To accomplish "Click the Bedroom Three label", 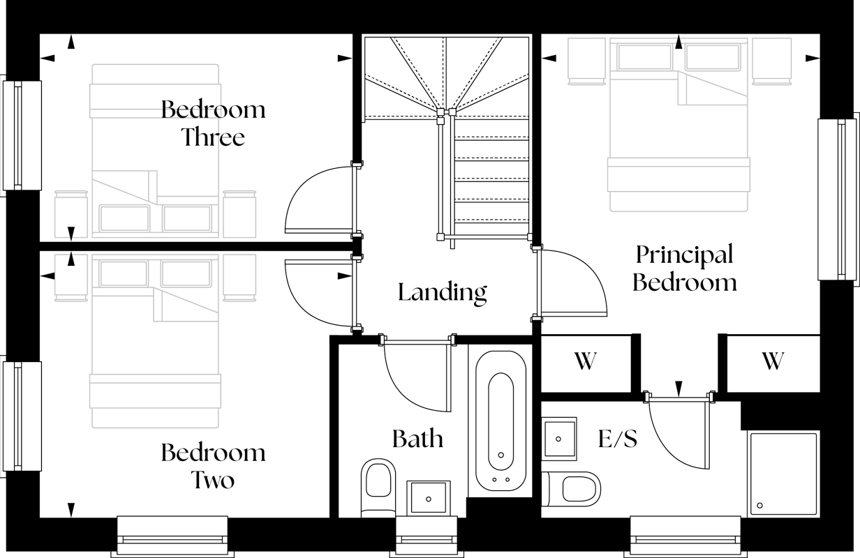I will (213, 123).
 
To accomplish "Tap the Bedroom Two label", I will (213, 466).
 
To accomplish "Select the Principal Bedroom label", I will (684, 269).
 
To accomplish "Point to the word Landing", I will (443, 292).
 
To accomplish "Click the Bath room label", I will (417, 439).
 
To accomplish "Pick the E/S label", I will (618, 439).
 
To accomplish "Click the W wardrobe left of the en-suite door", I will (585, 361).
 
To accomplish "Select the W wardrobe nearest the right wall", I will (772, 361).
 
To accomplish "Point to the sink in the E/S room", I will (559, 439).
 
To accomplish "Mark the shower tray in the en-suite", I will (783, 474).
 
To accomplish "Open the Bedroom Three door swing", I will (318, 199).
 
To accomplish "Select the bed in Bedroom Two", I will (155, 342).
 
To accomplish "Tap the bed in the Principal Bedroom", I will (679, 126).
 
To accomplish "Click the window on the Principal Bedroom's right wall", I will (836, 199).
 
